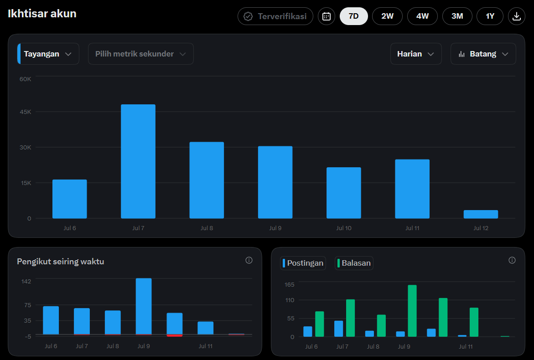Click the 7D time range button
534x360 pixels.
(x=353, y=16)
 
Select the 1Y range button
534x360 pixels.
(x=490, y=16)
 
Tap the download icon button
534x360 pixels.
(x=516, y=16)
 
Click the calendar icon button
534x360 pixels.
(x=326, y=16)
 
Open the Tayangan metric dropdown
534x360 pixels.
(x=48, y=54)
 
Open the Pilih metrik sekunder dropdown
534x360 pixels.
(x=140, y=54)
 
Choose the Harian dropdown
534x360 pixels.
(x=416, y=54)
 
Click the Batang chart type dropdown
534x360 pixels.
(x=483, y=54)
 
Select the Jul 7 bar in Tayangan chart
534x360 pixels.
(x=138, y=161)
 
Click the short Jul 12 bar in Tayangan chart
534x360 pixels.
(x=481, y=214)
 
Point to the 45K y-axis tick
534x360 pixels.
(x=25, y=112)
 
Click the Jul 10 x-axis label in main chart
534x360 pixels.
(x=344, y=228)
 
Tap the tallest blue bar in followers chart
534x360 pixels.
(x=144, y=306)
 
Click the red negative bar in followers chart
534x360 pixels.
(x=174, y=335)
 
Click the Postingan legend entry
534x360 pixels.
(x=303, y=263)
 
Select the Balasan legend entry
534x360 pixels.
(x=354, y=263)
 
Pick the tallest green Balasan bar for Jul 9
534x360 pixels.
(x=412, y=311)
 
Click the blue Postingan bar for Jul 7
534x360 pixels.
(x=338, y=329)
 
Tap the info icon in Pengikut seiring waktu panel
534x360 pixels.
(x=249, y=260)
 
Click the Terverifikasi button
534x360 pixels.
(x=275, y=16)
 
